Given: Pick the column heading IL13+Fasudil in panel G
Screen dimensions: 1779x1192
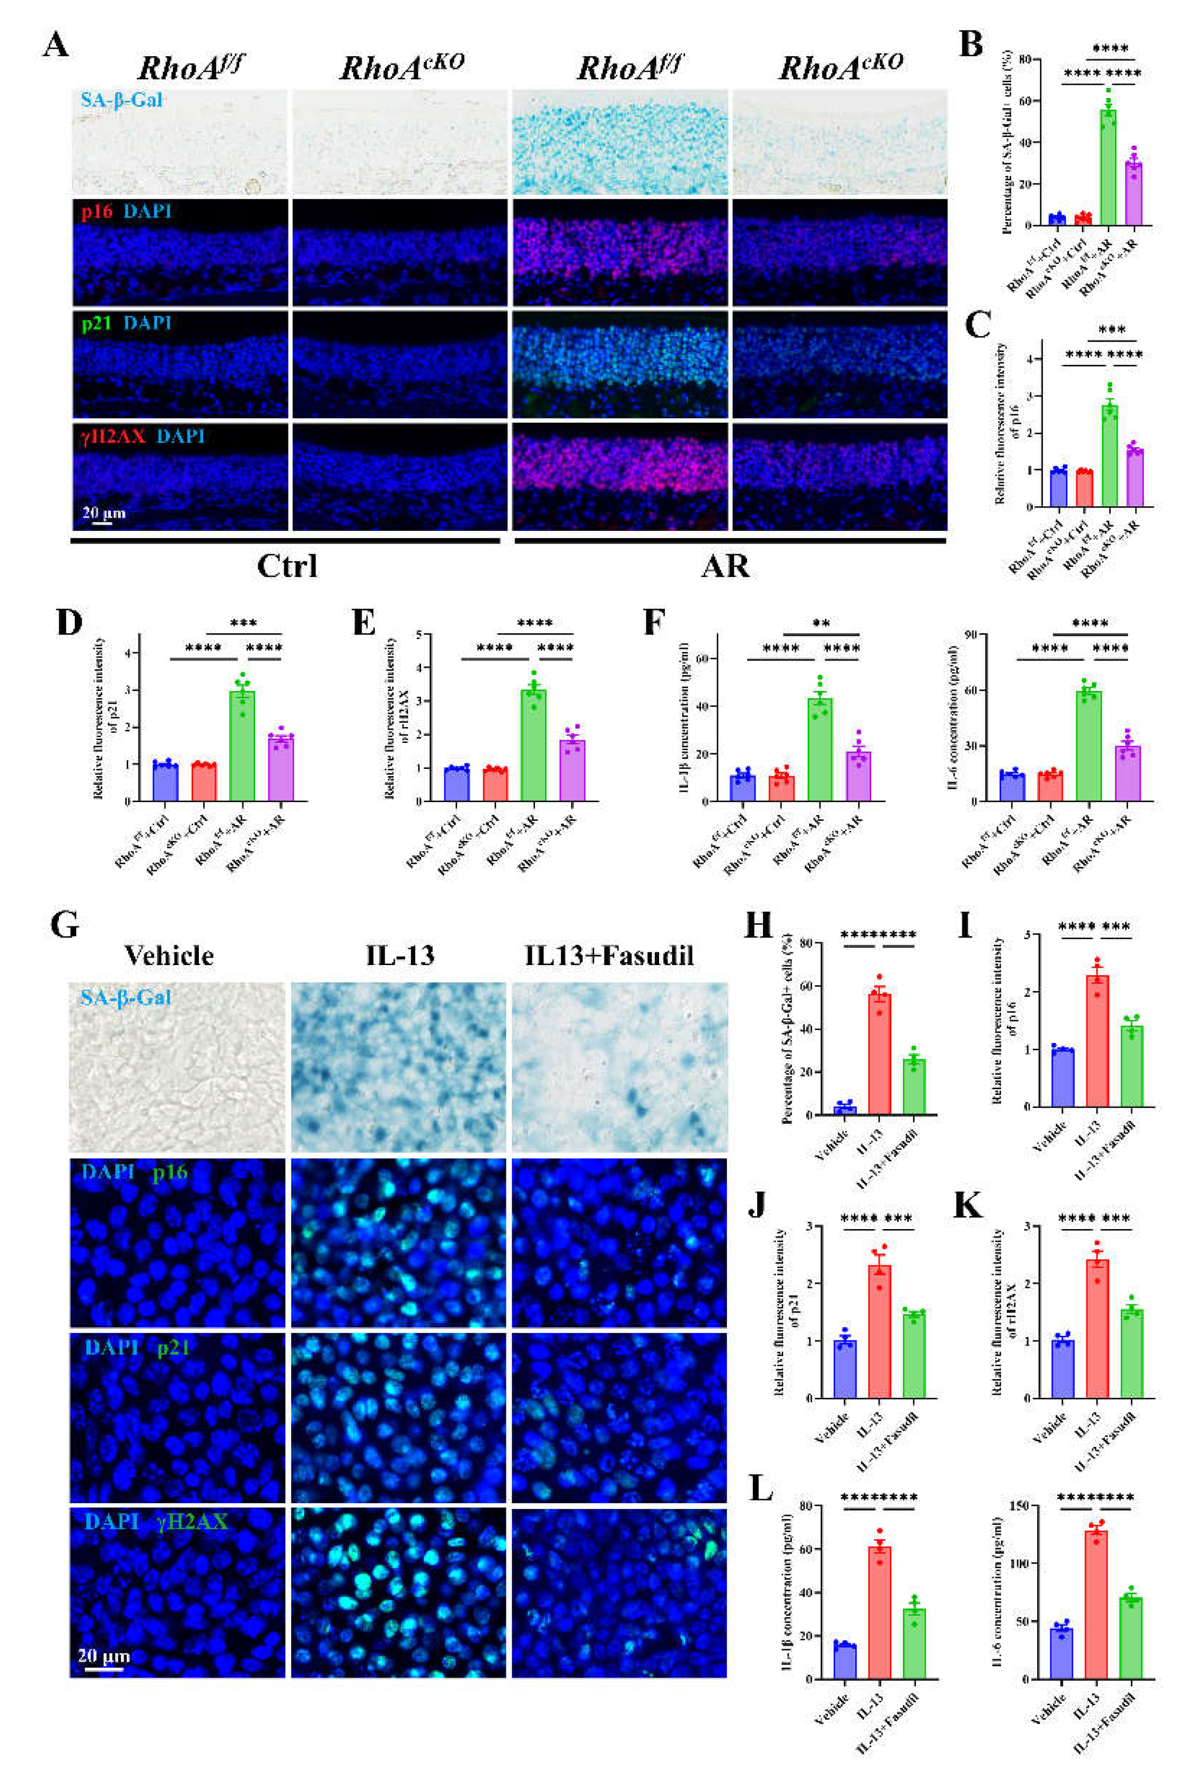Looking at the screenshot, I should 609,956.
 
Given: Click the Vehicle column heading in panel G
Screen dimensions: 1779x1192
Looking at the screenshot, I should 169,956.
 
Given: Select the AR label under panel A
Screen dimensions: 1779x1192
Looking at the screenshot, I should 725,566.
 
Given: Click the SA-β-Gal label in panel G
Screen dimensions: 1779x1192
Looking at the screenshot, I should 126,997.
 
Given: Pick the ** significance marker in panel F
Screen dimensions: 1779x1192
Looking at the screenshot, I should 821,624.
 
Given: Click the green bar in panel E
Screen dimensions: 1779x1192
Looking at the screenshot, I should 533,745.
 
